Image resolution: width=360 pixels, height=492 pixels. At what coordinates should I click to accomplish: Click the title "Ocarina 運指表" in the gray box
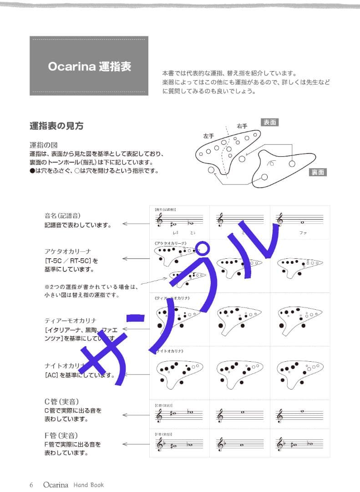89,66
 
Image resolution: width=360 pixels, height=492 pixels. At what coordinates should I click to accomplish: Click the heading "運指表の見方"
56,126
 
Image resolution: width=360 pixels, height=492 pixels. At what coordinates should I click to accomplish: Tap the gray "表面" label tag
269,122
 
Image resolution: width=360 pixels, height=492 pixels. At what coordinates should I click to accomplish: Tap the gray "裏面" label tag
318,172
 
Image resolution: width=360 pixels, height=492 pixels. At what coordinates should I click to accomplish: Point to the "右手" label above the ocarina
242,126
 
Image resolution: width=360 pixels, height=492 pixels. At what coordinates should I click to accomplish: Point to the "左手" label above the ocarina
208,136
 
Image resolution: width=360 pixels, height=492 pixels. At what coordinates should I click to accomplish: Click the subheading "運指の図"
43,145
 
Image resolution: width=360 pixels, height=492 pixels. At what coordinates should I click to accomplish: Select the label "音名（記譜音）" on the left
64,216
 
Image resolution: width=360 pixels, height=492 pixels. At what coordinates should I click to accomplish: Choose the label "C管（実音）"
61,402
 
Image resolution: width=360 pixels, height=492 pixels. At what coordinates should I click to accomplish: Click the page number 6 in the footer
31,485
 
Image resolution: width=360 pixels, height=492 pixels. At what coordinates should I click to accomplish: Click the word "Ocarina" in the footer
56,485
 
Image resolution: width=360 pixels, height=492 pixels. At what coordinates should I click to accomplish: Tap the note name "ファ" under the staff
303,233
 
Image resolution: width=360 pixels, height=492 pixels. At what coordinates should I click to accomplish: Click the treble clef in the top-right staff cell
280,220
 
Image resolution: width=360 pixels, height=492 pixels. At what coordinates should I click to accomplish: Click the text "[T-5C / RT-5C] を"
71,261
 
